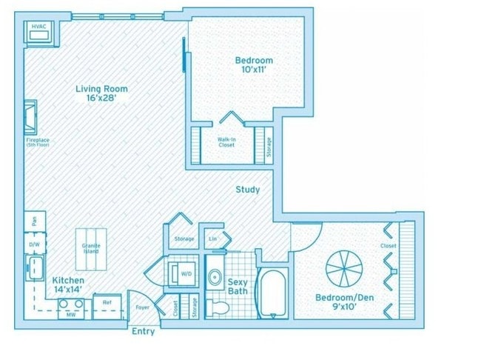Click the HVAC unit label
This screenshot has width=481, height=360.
pyautogui.click(x=38, y=26)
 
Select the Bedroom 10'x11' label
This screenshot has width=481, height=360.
pyautogui.click(x=254, y=65)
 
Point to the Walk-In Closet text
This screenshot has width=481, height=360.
pyautogui.click(x=226, y=141)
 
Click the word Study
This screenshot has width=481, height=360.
pyautogui.click(x=247, y=190)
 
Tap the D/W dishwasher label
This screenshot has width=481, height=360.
pyautogui.click(x=34, y=243)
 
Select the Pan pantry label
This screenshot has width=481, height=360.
pyautogui.click(x=34, y=220)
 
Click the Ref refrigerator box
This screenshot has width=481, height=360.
pyautogui.click(x=107, y=302)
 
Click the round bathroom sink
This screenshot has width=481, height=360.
pyautogui.click(x=215, y=278)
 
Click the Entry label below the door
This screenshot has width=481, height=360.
pyautogui.click(x=143, y=331)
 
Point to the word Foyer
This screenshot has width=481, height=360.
pyautogui.click(x=142, y=307)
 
